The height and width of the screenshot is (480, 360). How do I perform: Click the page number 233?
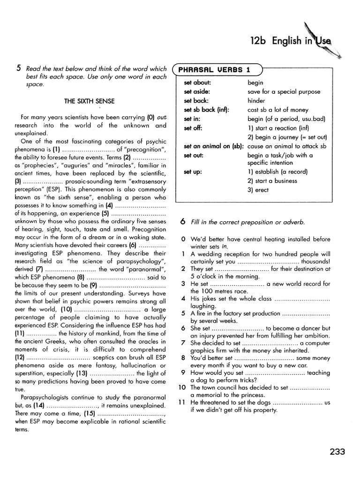[337, 452]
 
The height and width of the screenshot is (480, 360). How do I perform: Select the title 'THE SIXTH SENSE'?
[90, 101]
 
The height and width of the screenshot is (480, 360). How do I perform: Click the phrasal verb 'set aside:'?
[197, 92]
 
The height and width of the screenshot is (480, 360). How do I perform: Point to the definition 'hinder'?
[256, 101]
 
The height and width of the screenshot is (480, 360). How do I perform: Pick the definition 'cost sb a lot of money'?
[278, 110]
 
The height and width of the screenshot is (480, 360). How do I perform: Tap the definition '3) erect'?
[258, 190]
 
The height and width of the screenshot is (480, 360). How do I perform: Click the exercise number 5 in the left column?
[18, 68]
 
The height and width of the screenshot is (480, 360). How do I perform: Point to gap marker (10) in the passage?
[66, 309]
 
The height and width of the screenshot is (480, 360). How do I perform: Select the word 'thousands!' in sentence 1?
[316, 262]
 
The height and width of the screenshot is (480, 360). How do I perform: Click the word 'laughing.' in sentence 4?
[203, 306]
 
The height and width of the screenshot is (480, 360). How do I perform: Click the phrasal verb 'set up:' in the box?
[193, 172]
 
